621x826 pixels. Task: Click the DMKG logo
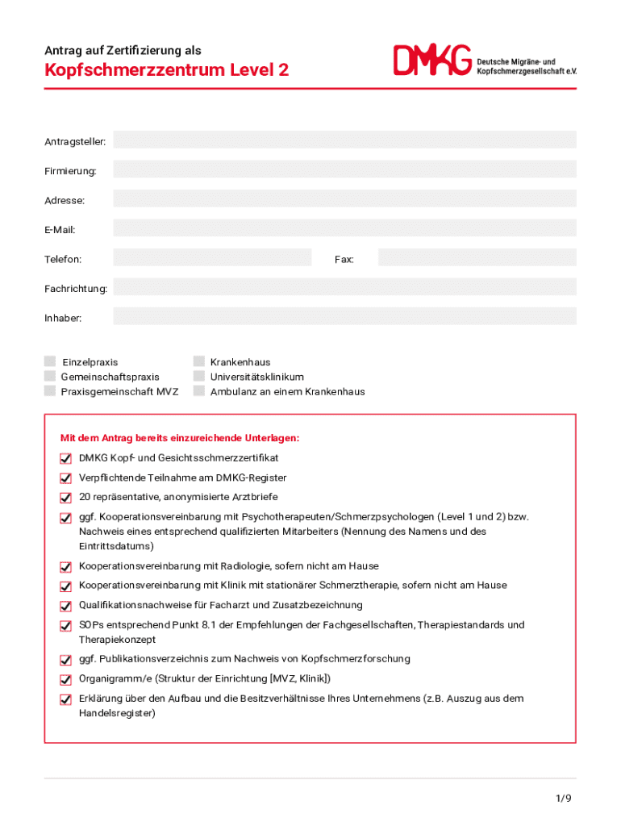[432, 60]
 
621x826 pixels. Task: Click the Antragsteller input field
[344, 140]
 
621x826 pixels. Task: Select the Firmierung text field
[344, 169]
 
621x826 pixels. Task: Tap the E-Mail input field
[344, 228]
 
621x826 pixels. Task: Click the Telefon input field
[212, 257]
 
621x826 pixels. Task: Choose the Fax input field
[477, 257]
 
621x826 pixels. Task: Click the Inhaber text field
[344, 316]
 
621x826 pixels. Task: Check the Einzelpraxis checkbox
[50, 361]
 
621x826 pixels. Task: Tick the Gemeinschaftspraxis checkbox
[50, 376]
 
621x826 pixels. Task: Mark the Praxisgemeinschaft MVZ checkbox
[50, 390]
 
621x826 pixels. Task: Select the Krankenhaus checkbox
[199, 361]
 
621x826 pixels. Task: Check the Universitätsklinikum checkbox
[199, 376]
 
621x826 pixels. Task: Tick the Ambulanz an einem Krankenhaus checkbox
[199, 390]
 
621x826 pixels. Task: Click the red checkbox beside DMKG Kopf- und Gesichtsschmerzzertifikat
[65, 458]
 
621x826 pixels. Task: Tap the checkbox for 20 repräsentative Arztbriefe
[65, 498]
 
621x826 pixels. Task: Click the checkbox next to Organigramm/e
[65, 679]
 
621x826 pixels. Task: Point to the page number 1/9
[563, 799]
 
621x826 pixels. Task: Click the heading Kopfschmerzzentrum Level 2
[166, 70]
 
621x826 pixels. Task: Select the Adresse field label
[65, 200]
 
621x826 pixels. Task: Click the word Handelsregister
[117, 714]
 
